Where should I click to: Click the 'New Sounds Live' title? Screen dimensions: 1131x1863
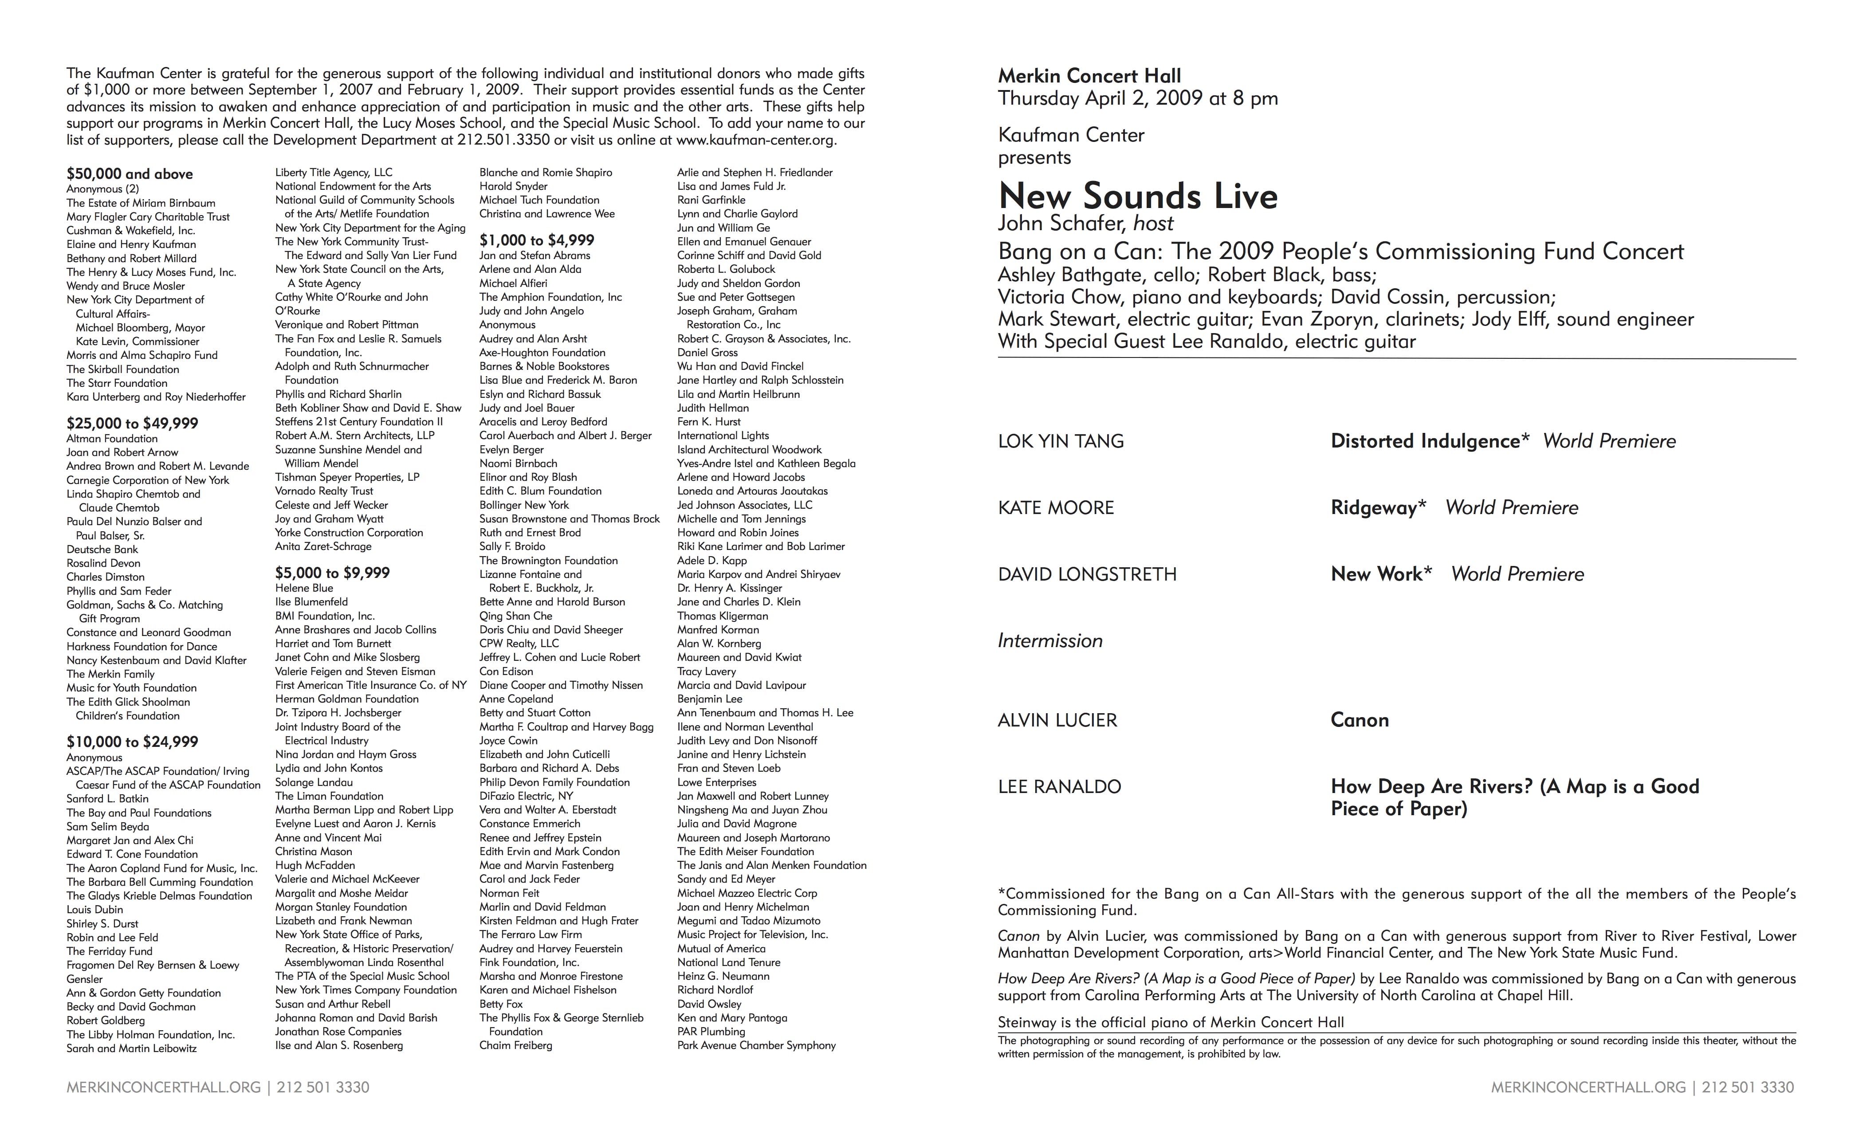[x=1137, y=196]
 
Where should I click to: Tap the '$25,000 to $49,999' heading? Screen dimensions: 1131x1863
[x=132, y=424]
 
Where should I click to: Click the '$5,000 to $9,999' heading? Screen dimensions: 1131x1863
[x=333, y=573]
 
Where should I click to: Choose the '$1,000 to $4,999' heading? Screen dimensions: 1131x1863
[x=537, y=240]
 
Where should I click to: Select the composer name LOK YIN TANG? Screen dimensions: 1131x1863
[x=1061, y=441]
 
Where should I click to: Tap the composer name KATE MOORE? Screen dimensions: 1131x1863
[x=1056, y=508]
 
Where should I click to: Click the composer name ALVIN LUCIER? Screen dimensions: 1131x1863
[x=1057, y=720]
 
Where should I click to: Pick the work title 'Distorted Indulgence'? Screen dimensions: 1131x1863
[x=1424, y=441]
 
